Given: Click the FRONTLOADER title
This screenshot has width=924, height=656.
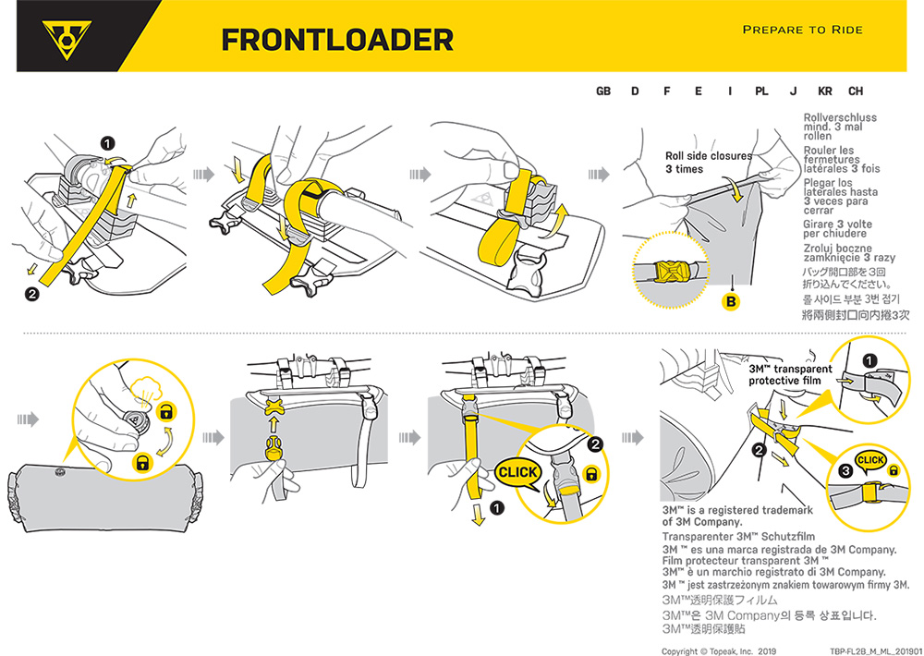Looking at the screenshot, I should coord(337,39).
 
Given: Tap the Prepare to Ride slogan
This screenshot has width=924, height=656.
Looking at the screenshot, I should coord(802,30).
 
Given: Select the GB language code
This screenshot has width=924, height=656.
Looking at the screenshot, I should coord(603,91).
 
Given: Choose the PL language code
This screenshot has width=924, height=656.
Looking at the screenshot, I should coord(761,91).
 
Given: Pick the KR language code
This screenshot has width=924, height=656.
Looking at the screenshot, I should coord(825,91).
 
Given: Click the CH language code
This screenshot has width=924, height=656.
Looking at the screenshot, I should coord(856,91).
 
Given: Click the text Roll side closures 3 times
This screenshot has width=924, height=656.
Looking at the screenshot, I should coord(708,163).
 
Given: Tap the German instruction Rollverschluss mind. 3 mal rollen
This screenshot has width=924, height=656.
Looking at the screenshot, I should coord(840,128).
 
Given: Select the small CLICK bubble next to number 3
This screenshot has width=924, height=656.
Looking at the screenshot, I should coord(870,460).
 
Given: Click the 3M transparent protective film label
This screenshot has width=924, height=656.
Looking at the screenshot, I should coord(789,374).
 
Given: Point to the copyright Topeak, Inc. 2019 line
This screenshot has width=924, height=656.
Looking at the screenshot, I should coord(720,650).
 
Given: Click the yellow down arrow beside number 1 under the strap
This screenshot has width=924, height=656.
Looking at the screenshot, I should coord(478,515).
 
